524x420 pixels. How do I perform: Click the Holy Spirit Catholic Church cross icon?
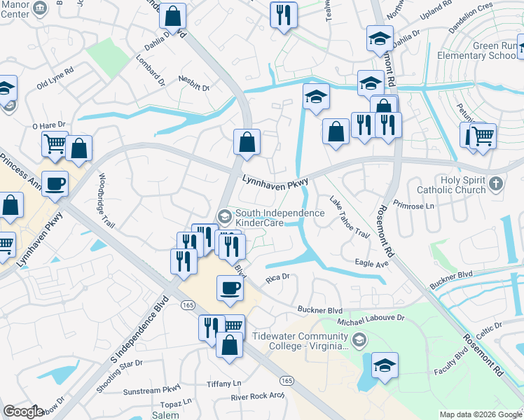click(x=496, y=184)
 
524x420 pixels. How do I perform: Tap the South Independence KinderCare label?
click(x=280, y=218)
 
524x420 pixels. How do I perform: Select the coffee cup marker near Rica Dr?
click(x=230, y=288)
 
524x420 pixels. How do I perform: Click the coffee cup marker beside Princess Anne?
click(x=55, y=184)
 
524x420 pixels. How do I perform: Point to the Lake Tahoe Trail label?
click(x=349, y=217)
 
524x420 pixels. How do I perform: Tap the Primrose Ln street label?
click(x=415, y=206)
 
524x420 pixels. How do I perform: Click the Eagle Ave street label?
click(x=371, y=263)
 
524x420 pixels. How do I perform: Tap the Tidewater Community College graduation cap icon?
click(x=359, y=340)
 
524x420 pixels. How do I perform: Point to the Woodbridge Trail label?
click(x=106, y=200)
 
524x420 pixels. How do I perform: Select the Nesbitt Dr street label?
click(x=194, y=83)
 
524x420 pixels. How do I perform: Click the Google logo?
click(x=23, y=411)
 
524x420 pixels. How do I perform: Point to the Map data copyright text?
click(x=480, y=414)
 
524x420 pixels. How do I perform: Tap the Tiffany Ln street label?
click(x=223, y=384)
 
